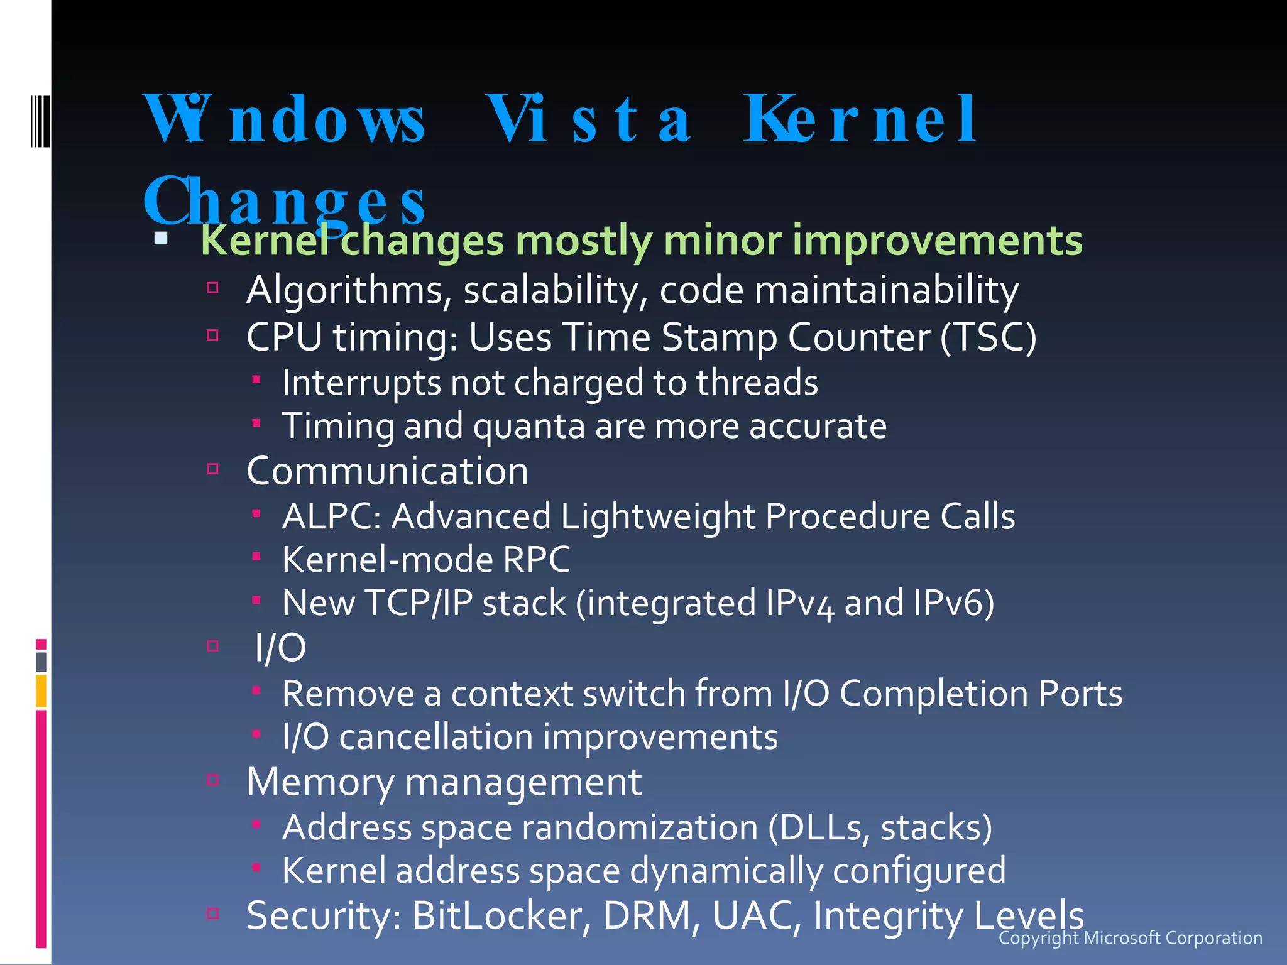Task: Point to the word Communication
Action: (x=387, y=471)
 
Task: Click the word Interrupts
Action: (x=361, y=383)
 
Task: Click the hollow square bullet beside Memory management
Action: (x=212, y=780)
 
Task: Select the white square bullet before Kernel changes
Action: (x=161, y=239)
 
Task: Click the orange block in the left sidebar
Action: (x=41, y=690)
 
